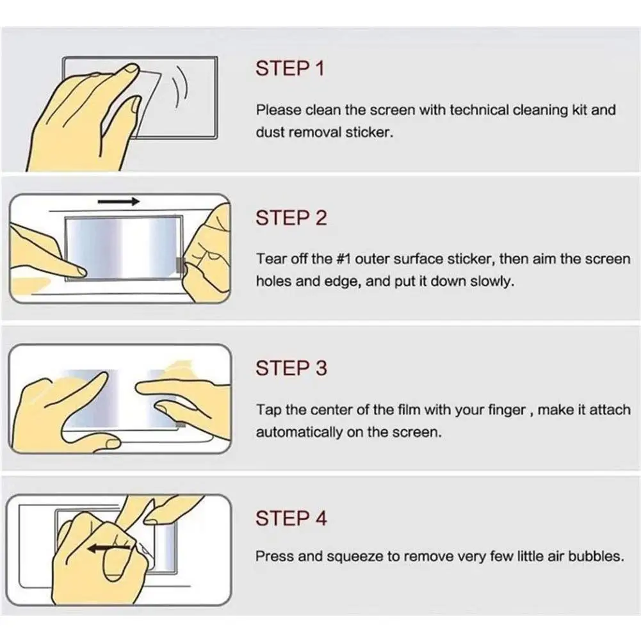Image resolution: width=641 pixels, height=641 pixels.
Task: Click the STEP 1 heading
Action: (290, 69)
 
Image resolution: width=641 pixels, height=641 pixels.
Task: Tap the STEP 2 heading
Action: (291, 218)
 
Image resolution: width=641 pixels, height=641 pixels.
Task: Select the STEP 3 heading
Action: (291, 368)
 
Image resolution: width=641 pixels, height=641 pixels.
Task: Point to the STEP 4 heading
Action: (291, 518)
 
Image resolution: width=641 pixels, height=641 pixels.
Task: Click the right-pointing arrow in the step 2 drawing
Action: (118, 201)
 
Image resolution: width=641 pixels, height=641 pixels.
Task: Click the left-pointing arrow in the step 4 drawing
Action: (109, 549)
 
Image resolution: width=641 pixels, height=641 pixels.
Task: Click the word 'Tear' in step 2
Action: (268, 259)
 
